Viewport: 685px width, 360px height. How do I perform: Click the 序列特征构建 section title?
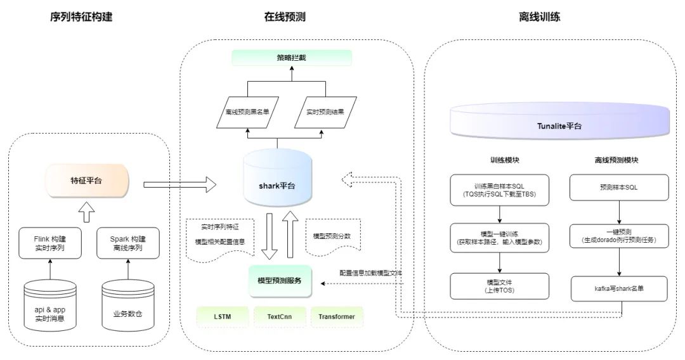[85, 17]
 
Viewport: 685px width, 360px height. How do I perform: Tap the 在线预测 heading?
[285, 17]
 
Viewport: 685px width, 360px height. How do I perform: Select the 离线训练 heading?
[539, 17]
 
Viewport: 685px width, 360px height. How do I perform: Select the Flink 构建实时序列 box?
[51, 243]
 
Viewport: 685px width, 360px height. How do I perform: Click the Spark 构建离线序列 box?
[128, 243]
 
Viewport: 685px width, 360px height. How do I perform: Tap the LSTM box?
[222, 316]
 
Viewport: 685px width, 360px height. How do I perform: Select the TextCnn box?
[279, 316]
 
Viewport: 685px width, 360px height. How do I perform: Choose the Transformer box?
[337, 316]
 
